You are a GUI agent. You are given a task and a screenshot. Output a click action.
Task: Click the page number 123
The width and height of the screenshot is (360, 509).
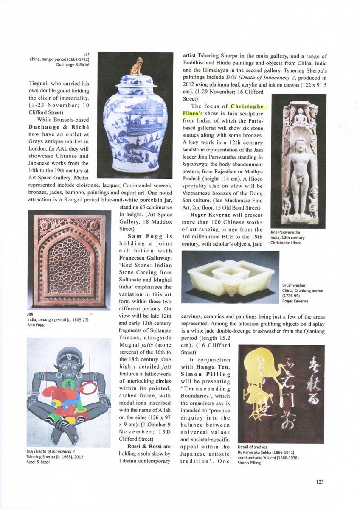click(320, 481)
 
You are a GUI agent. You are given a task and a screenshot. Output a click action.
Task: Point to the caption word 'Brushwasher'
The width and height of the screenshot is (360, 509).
click(293, 285)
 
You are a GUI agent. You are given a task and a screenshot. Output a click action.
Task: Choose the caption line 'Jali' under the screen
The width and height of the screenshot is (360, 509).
click(30, 314)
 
